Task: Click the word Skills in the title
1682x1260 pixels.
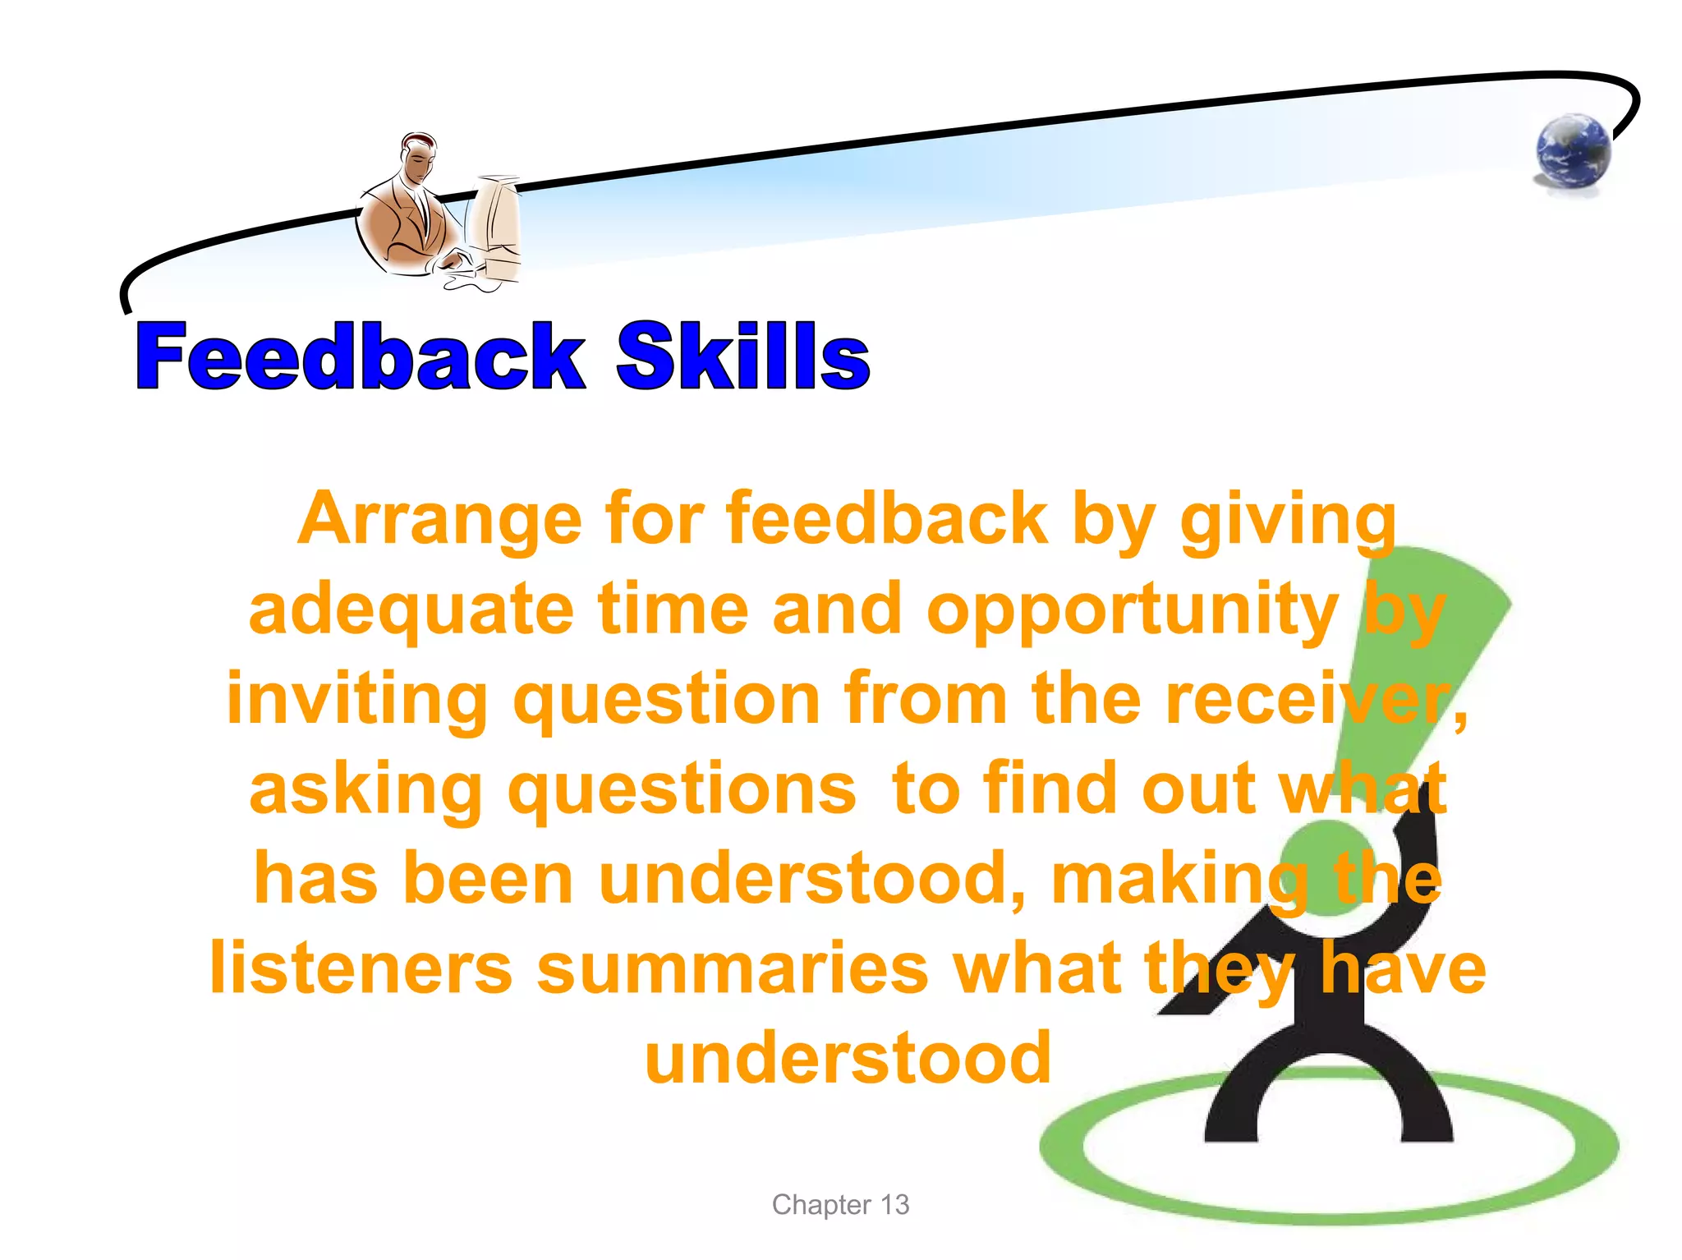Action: pyautogui.click(x=742, y=356)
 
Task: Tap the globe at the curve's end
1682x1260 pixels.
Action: pyautogui.click(x=1573, y=152)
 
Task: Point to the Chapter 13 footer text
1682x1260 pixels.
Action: pyautogui.click(x=840, y=1204)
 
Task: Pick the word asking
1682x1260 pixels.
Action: pyautogui.click(x=365, y=789)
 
